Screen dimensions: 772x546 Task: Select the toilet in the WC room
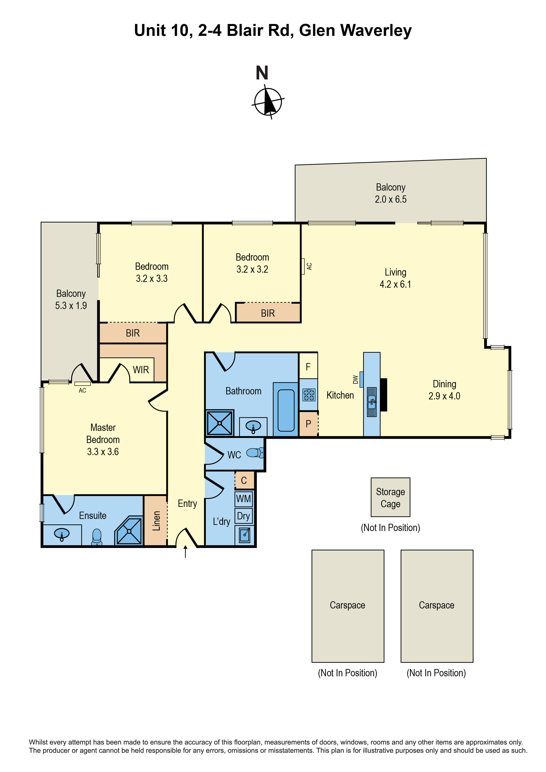255,453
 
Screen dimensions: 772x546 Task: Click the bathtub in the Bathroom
286,410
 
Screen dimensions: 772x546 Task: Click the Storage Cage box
390,498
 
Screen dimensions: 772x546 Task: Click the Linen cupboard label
156,521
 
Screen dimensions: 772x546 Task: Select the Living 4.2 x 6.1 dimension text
395,284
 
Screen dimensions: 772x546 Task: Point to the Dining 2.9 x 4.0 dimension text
444,396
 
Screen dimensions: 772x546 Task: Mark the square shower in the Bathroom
220,423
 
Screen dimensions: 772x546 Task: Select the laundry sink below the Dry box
245,534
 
